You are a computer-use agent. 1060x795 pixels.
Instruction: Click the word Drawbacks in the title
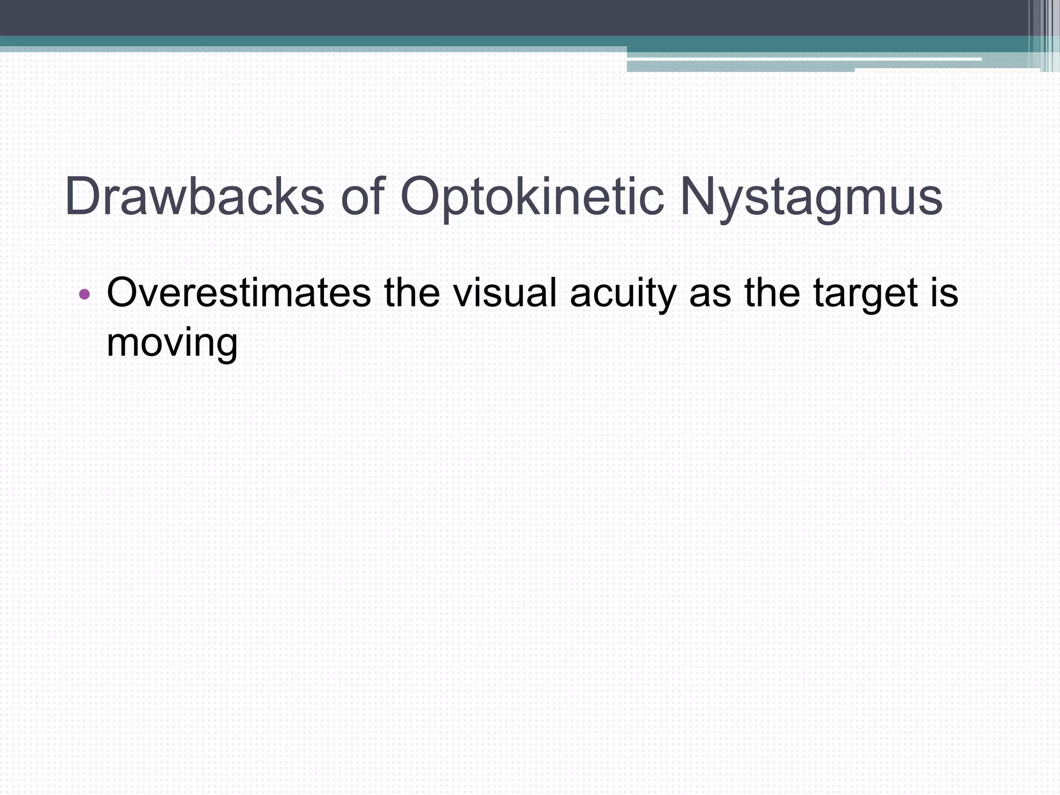195,197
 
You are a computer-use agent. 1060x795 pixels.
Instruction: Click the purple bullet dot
84,295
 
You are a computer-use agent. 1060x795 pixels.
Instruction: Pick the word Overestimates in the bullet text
239,293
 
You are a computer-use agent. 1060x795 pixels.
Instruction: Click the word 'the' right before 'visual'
412,293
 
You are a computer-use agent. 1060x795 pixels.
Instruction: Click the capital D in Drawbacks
83,197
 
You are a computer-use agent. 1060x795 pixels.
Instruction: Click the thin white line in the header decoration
802,60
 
